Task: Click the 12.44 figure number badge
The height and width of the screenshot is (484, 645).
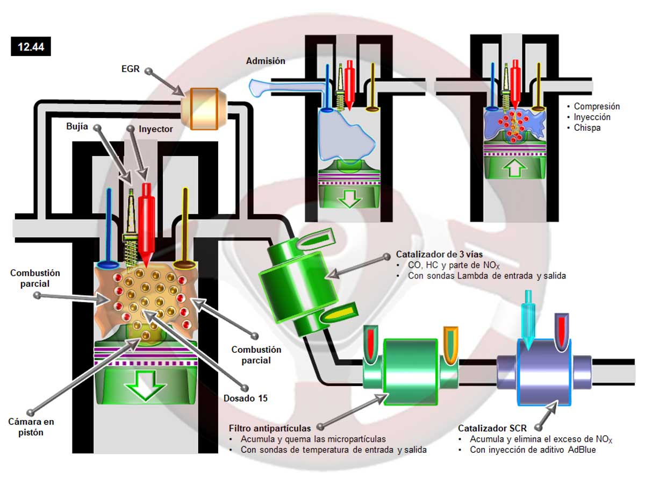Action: pos(31,47)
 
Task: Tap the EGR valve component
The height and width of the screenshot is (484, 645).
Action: pos(199,109)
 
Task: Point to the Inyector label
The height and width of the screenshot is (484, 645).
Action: pos(155,129)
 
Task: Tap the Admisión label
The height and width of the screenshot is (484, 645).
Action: pos(266,61)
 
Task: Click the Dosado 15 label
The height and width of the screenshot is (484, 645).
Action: pos(246,398)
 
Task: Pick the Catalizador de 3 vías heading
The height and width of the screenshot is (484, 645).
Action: pos(440,254)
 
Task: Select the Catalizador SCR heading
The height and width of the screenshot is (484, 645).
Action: pos(492,429)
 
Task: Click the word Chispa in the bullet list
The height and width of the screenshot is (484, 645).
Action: pos(587,128)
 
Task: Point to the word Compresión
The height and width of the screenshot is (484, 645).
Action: pos(597,106)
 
